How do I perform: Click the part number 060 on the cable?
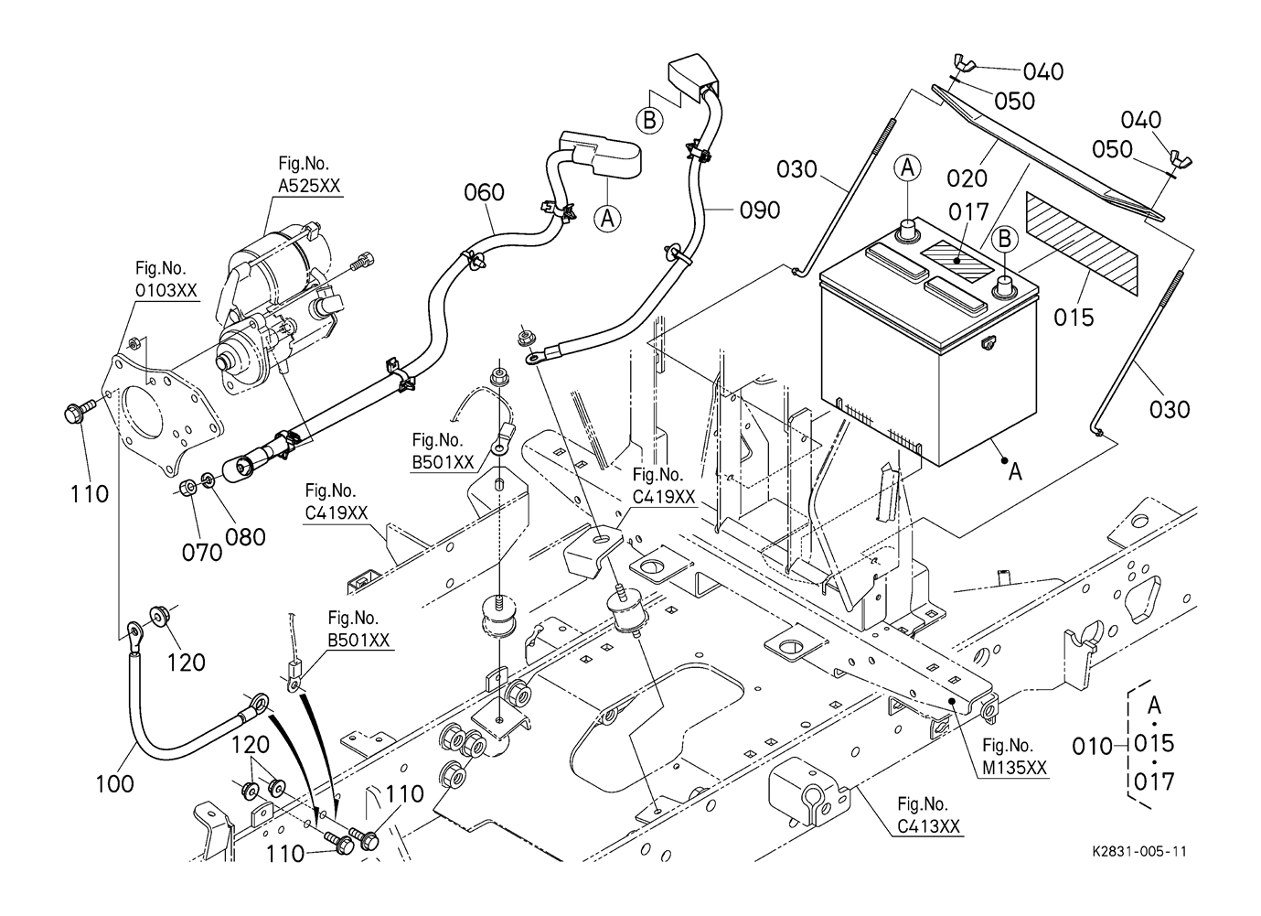[x=485, y=192]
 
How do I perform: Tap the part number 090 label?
[x=760, y=210]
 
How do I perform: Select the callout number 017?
[x=969, y=212]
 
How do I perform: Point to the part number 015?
[x=1074, y=318]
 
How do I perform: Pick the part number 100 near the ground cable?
[x=114, y=783]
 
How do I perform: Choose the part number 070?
[x=201, y=552]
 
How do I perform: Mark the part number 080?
[x=245, y=536]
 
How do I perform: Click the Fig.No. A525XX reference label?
[x=309, y=175]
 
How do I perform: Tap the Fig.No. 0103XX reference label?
[x=166, y=279]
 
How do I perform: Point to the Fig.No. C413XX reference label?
[x=928, y=815]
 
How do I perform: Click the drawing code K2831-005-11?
[x=1139, y=851]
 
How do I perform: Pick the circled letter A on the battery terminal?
[x=907, y=167]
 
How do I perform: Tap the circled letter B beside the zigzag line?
[x=648, y=119]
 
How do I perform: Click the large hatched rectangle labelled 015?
[x=1083, y=244]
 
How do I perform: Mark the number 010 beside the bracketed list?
[x=1092, y=746]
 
